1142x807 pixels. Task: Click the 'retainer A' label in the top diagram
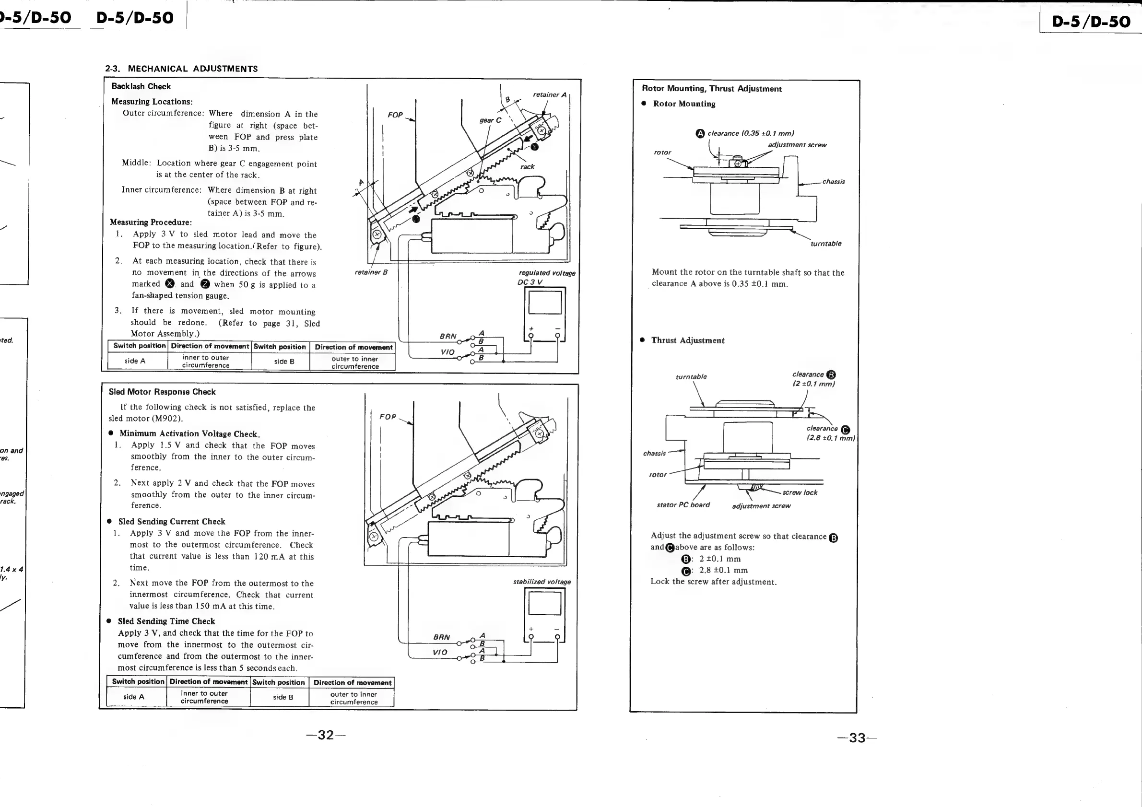point(549,94)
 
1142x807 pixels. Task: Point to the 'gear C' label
point(490,120)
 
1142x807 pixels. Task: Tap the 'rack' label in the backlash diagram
point(527,167)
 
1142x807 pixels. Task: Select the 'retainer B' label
point(371,272)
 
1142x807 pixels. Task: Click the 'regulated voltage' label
point(547,273)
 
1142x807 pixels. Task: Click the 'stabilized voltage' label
point(542,582)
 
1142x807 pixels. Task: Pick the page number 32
point(326,736)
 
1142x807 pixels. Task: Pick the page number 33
point(857,738)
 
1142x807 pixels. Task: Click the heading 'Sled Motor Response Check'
point(162,392)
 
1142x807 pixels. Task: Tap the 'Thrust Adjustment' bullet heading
point(687,340)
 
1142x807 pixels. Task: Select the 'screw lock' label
point(800,493)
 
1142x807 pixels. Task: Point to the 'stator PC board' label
point(683,505)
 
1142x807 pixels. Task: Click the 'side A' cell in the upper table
point(135,361)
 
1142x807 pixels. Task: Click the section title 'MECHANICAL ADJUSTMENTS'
point(192,69)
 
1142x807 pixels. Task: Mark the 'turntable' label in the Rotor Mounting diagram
point(825,244)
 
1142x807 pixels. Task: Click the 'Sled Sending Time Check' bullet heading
point(166,621)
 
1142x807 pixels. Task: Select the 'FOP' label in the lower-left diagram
point(388,417)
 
